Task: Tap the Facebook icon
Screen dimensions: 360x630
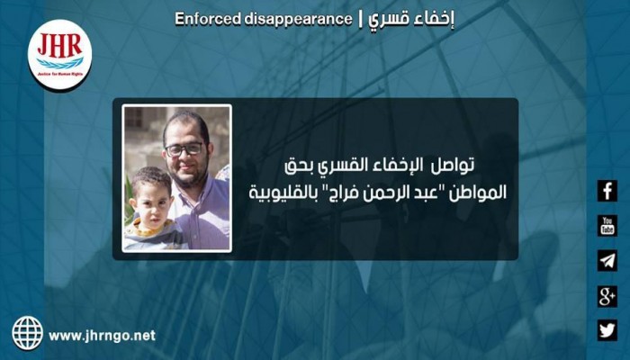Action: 607,191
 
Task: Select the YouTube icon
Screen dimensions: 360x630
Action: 607,226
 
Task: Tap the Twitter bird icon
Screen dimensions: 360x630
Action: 607,330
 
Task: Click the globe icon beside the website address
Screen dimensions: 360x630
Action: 27,333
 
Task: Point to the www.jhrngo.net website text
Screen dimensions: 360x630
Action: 102,335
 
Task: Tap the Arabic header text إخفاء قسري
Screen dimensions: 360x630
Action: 405,18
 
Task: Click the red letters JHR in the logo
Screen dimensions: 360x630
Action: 59,46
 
